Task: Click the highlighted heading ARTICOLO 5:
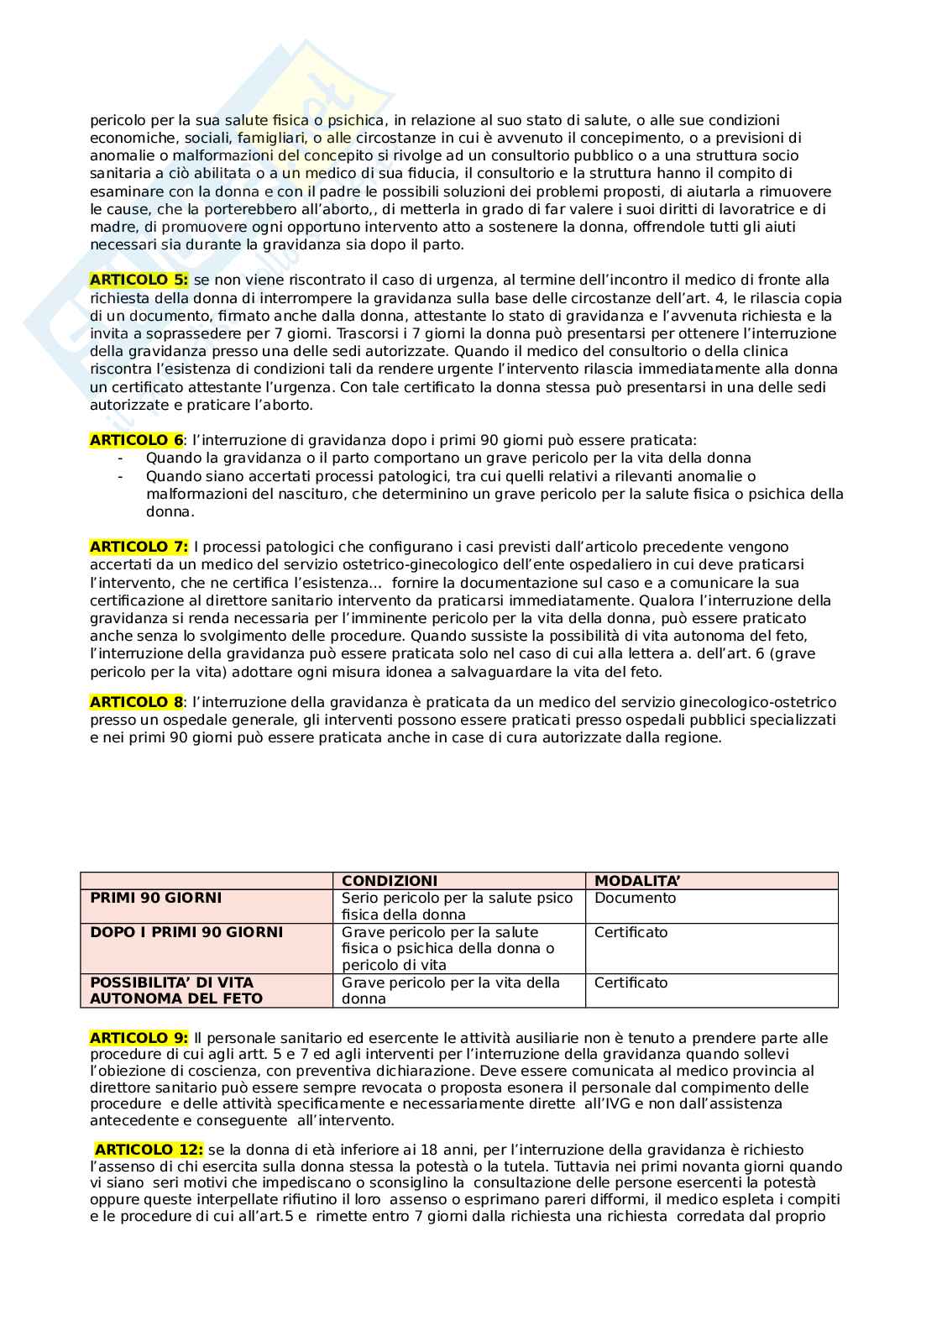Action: pyautogui.click(x=139, y=280)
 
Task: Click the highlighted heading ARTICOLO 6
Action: pyautogui.click(x=136, y=440)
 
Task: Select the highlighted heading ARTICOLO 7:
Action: pyautogui.click(x=139, y=547)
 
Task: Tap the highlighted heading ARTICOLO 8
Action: pyautogui.click(x=136, y=702)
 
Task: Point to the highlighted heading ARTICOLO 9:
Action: pyautogui.click(x=139, y=1038)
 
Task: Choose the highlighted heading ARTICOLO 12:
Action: pyautogui.click(x=149, y=1150)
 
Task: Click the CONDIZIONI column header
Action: pyautogui.click(x=390, y=881)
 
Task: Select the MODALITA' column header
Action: pyautogui.click(x=637, y=881)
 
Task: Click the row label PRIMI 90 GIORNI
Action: pyautogui.click(x=156, y=899)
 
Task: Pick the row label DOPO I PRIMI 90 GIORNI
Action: pyautogui.click(x=186, y=932)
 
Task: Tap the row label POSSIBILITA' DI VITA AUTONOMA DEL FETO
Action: pyautogui.click(x=176, y=991)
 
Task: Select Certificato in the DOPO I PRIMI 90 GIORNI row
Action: pyautogui.click(x=631, y=932)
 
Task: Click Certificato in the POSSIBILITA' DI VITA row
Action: pyautogui.click(x=631, y=983)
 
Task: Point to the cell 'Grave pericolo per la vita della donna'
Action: pyautogui.click(x=451, y=991)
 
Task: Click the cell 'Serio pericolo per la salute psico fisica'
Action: pyautogui.click(x=458, y=907)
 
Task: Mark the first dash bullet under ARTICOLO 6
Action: pyautogui.click(x=121, y=459)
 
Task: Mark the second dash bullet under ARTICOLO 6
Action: pyautogui.click(x=121, y=476)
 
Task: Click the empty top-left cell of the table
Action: pyautogui.click(x=207, y=881)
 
